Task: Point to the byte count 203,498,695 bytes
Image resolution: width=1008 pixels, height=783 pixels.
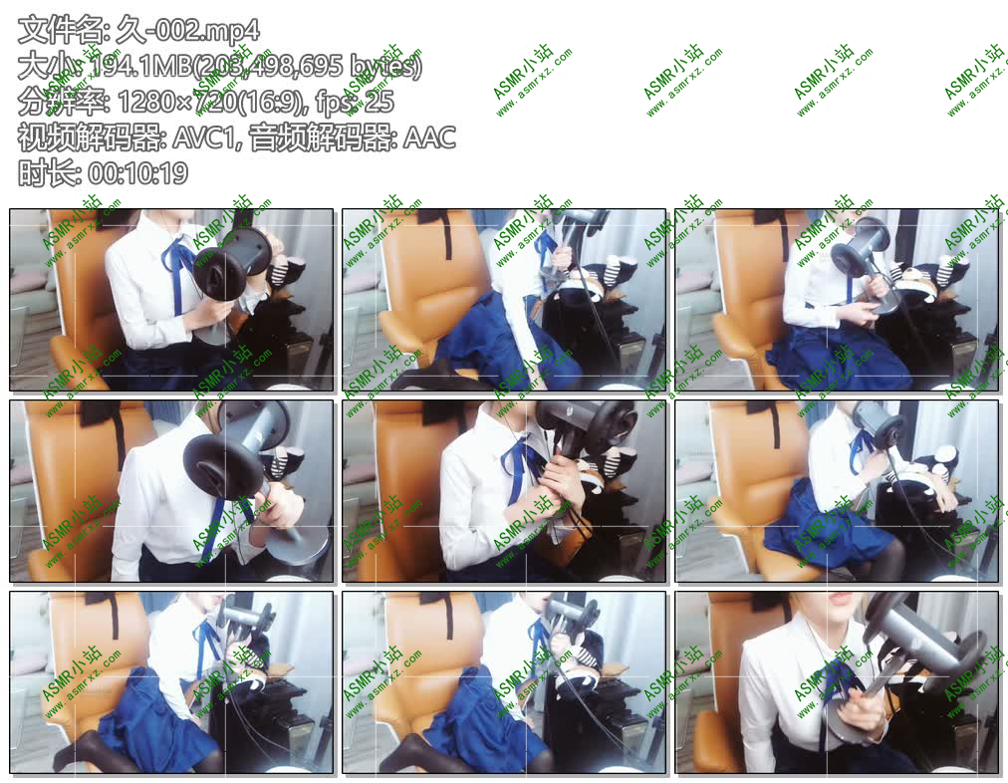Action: tap(312, 67)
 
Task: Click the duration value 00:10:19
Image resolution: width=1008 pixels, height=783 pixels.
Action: tap(137, 173)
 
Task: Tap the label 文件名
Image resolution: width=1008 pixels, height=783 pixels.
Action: tap(49, 31)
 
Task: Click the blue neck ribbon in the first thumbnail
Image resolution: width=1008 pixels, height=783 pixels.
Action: tap(181, 269)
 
